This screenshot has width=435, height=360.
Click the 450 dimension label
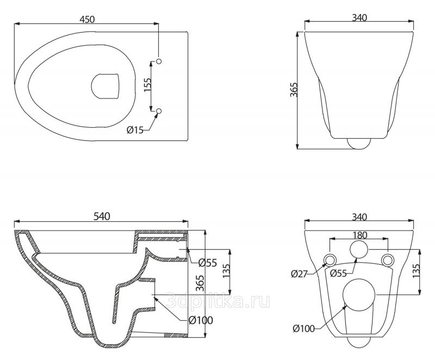(x=87, y=20)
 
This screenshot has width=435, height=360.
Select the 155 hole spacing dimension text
(x=147, y=85)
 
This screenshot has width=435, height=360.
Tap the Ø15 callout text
(x=135, y=130)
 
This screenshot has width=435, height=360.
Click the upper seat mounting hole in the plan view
(x=159, y=61)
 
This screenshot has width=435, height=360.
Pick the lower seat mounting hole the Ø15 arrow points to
(x=159, y=111)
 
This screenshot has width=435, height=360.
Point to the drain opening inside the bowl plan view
(x=105, y=86)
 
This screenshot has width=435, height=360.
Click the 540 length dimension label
(x=102, y=216)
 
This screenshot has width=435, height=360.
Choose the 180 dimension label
(x=360, y=235)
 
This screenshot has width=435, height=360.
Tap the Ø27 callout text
(x=299, y=274)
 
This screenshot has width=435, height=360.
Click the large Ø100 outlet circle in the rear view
(x=359, y=295)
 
